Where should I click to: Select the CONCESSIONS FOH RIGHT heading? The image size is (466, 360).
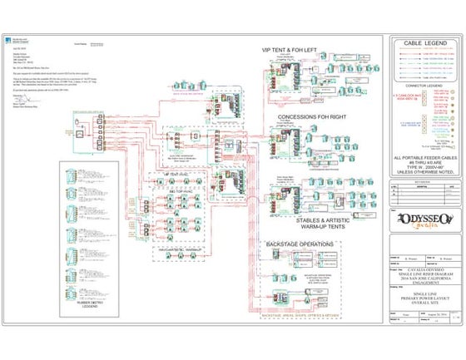(312, 117)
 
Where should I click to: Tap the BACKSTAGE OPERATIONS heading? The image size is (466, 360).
(300, 244)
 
